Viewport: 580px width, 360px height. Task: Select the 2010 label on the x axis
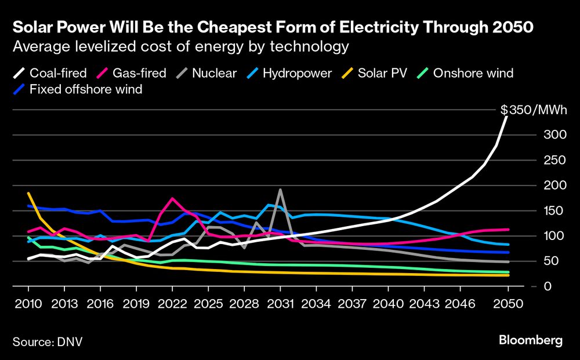point(28,303)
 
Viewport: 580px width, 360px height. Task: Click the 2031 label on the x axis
point(280,303)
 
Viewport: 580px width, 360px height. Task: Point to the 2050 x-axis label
point(508,303)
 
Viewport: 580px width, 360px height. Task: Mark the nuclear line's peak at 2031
point(280,190)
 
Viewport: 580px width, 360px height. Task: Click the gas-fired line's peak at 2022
point(172,198)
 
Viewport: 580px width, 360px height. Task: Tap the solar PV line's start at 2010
point(28,193)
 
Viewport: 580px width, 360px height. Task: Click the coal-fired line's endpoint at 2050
point(508,117)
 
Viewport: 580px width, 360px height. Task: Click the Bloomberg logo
point(530,341)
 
